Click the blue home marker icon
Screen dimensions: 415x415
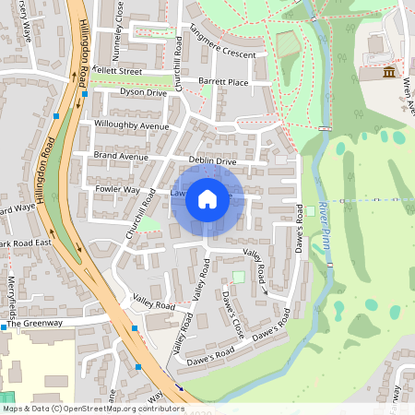[207, 198]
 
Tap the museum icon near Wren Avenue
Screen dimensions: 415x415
[389, 72]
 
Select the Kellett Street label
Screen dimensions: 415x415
[117, 71]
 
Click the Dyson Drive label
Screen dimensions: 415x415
[143, 93]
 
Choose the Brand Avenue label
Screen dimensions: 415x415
[120, 157]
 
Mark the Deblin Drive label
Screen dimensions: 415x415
[213, 161]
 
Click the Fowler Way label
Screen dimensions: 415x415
[117, 189]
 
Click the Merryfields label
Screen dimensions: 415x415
[12, 294]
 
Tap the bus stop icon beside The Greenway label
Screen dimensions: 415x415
[4, 326]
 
